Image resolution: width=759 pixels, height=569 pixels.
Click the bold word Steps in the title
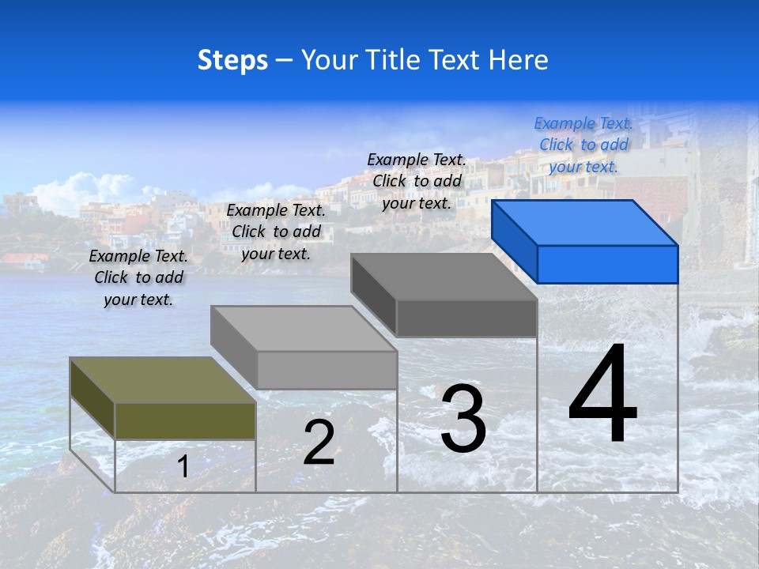[x=232, y=60]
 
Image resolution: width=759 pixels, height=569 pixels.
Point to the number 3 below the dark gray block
[x=463, y=419]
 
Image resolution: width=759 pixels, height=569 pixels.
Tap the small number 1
[x=183, y=466]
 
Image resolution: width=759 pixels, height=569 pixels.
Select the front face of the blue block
[x=607, y=264]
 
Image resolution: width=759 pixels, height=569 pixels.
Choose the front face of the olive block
[x=185, y=421]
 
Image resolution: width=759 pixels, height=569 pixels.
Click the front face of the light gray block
[x=327, y=370]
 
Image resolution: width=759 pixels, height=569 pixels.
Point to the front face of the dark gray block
[x=466, y=318]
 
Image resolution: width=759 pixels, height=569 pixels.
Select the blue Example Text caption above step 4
[x=583, y=145]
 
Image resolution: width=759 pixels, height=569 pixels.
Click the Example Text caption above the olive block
[x=138, y=277]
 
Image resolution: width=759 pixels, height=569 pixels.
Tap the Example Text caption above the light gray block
[x=276, y=232]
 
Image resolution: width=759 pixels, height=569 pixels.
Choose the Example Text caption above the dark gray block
[x=417, y=181]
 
